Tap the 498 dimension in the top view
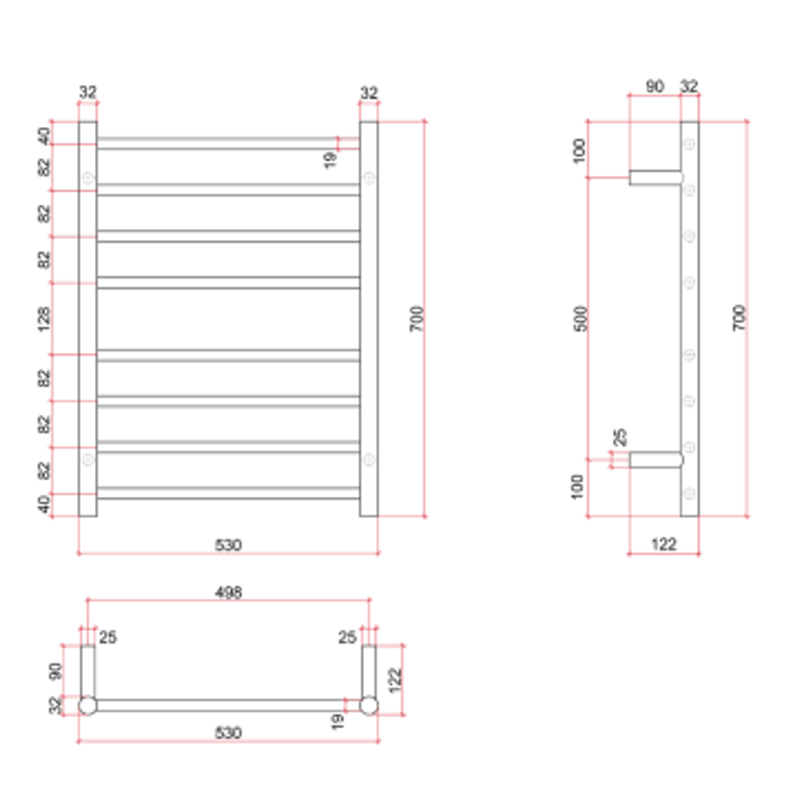(228, 592)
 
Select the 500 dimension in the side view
(581, 319)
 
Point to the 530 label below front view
(228, 544)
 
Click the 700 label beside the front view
(417, 319)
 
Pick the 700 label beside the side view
(739, 319)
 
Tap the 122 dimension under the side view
(663, 544)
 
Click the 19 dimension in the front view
(330, 160)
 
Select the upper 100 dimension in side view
(581, 150)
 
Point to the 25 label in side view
(619, 438)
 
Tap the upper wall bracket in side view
(656, 177)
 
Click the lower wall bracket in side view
(656, 460)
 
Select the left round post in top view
(88, 705)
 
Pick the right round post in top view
(369, 705)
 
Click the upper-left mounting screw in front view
(88, 178)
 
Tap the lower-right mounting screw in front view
(369, 460)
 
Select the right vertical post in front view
(369, 319)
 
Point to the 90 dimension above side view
(654, 86)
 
